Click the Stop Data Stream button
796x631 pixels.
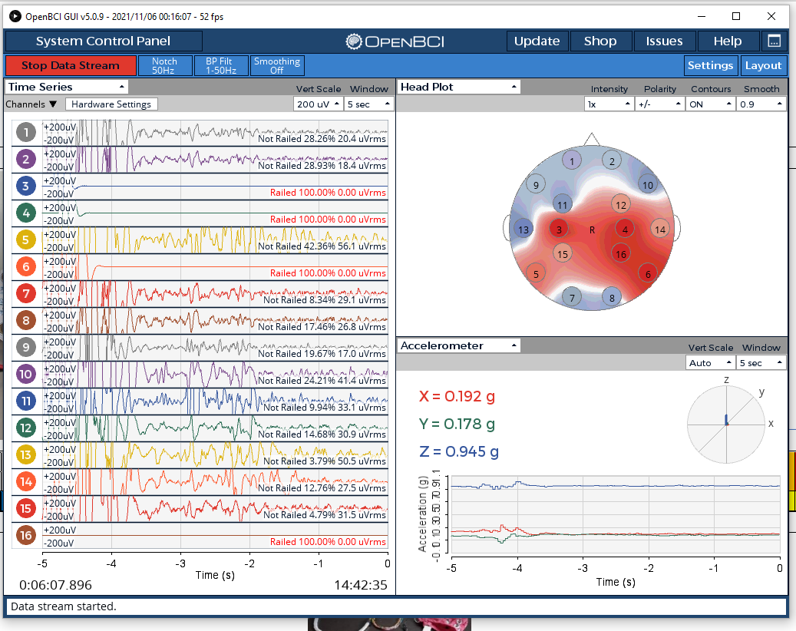tap(71, 65)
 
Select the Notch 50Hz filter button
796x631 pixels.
tap(164, 65)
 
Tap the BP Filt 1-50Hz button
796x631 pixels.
tap(221, 65)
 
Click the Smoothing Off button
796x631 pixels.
tap(276, 65)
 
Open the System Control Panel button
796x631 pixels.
tap(103, 41)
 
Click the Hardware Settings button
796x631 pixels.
tap(111, 104)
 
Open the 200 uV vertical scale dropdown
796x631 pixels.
tap(317, 104)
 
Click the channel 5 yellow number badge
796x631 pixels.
tap(26, 240)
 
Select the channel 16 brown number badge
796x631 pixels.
tap(26, 535)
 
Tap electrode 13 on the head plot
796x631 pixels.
tap(524, 230)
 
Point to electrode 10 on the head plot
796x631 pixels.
tap(648, 185)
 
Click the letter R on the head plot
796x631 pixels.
tap(592, 230)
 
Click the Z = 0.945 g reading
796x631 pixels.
tap(459, 451)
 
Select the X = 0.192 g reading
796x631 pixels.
tap(457, 396)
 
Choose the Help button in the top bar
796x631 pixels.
tap(728, 41)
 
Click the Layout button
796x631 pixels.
tap(763, 65)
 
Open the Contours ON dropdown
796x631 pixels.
tap(710, 104)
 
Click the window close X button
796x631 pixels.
tap(771, 16)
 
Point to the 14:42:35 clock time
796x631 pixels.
tap(361, 585)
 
